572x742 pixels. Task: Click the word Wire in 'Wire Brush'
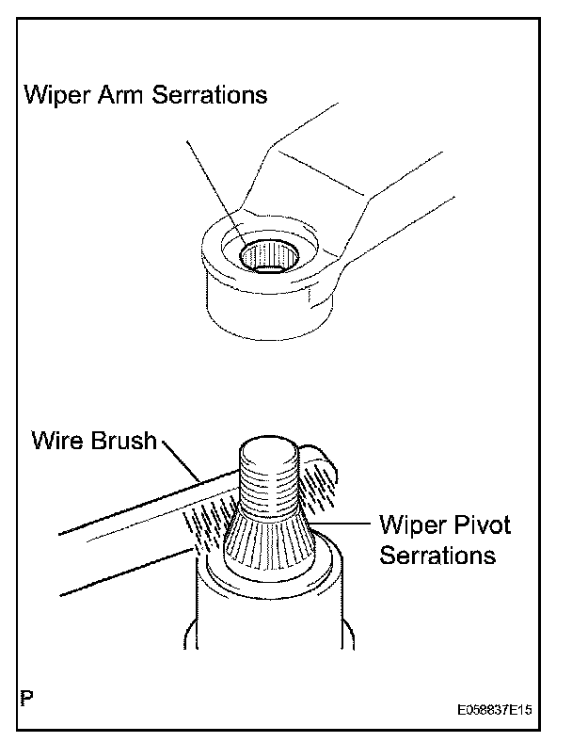click(x=58, y=440)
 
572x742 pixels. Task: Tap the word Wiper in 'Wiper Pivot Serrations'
click(x=409, y=524)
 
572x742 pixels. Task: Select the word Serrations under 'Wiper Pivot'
click(x=437, y=555)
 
